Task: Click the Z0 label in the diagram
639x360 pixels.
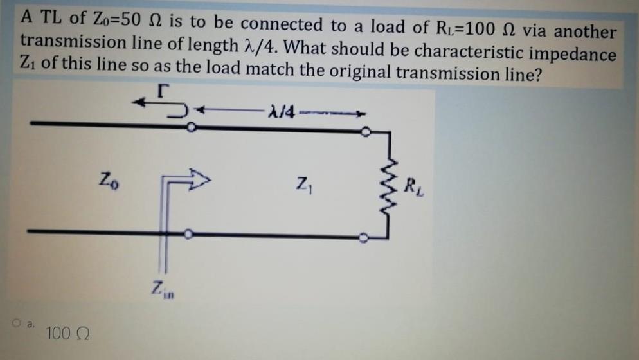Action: pos(109,177)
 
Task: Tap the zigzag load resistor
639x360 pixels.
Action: pos(388,183)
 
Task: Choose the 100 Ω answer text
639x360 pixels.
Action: pos(68,334)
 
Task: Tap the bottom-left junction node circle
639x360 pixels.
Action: pos(188,235)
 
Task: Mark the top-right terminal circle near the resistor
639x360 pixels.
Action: pos(365,132)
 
